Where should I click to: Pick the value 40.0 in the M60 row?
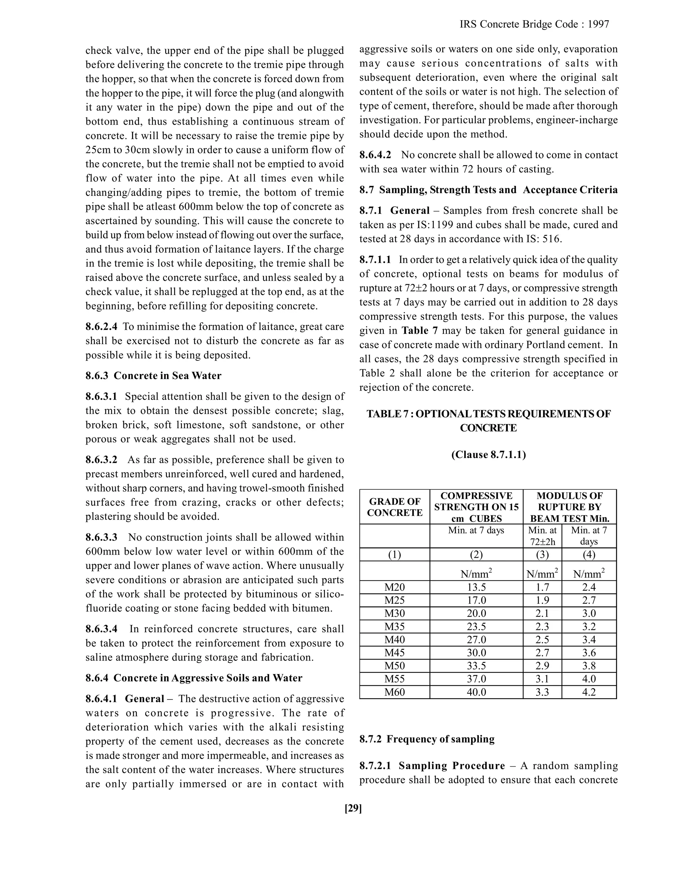click(476, 692)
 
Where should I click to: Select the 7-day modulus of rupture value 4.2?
click(589, 692)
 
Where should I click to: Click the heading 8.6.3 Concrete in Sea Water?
click(153, 376)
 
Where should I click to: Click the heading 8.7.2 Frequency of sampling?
click(427, 739)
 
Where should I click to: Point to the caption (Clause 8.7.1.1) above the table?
click(488, 454)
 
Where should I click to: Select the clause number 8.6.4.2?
click(375, 155)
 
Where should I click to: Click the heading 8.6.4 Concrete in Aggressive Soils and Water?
click(194, 678)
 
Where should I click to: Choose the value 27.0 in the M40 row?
click(476, 640)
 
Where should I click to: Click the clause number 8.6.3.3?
click(101, 537)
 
